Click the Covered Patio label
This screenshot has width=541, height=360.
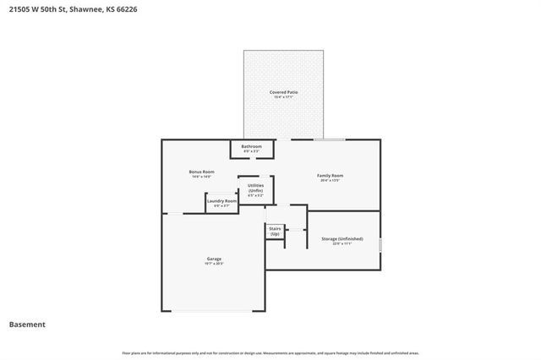pos(284,91)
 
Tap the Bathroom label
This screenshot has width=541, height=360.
pos(251,146)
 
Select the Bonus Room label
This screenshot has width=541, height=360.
pos(201,172)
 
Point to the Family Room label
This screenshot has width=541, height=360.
pos(331,175)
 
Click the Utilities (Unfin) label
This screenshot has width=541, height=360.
pos(255,188)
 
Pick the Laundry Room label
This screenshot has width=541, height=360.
pos(222,200)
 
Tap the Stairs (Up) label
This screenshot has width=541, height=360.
pos(275,230)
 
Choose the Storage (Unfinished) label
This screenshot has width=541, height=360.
pos(342,239)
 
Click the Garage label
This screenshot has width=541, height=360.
pos(215,259)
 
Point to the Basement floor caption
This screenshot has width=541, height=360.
pos(27,325)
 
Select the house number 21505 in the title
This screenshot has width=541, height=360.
pos(19,9)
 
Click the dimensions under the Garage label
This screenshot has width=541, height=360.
pos(215,265)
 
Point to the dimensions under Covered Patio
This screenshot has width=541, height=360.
pos(284,97)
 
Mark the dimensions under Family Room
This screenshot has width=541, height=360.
pos(331,181)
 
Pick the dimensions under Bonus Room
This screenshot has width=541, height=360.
pos(201,177)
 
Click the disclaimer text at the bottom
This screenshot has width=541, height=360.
pos(270,352)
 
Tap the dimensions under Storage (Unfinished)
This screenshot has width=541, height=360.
pos(342,244)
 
